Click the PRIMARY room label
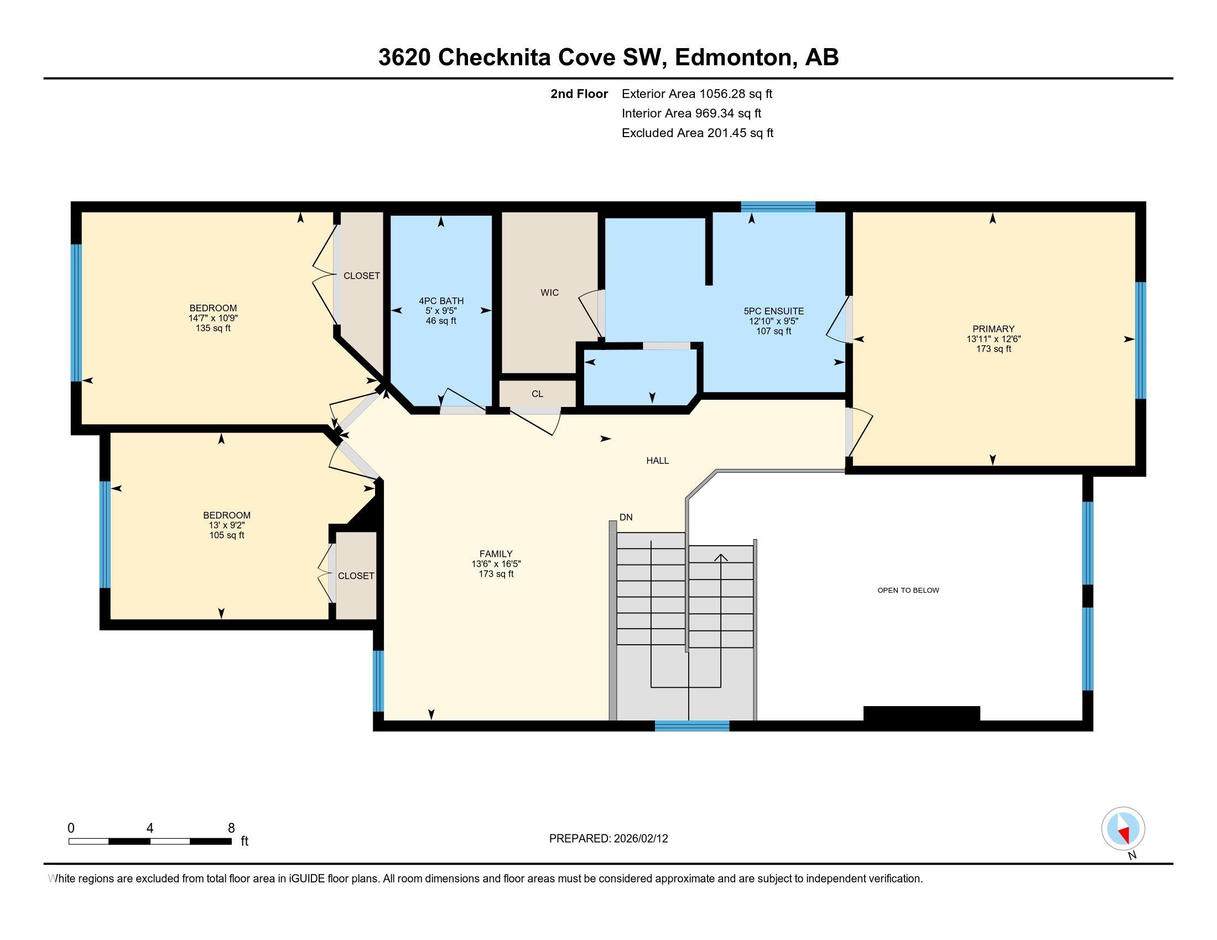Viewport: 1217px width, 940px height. pos(993,328)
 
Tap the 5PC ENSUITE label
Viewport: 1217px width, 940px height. pos(773,311)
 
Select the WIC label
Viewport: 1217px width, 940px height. pos(549,293)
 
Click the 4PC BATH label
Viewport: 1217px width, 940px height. pos(441,301)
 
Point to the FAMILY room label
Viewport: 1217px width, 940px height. pos(496,553)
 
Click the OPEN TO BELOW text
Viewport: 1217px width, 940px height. pos(908,591)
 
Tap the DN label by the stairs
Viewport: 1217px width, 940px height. pos(626,518)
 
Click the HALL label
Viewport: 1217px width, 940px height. pos(657,461)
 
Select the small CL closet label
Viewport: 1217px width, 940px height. pos(537,394)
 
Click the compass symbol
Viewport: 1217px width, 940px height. pos(1122,829)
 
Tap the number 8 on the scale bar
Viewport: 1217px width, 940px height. pos(231,828)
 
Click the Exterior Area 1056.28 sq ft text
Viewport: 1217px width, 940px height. pos(696,93)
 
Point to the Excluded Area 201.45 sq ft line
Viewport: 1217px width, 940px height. pos(697,133)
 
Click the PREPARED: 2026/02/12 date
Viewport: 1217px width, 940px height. pos(608,839)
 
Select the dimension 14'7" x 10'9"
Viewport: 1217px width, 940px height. pos(213,318)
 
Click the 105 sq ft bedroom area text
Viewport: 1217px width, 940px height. pos(226,535)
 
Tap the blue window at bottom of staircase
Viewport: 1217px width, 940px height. pos(691,725)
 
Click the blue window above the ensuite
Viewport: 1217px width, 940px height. pos(777,207)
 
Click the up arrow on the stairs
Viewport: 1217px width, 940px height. pos(721,557)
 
